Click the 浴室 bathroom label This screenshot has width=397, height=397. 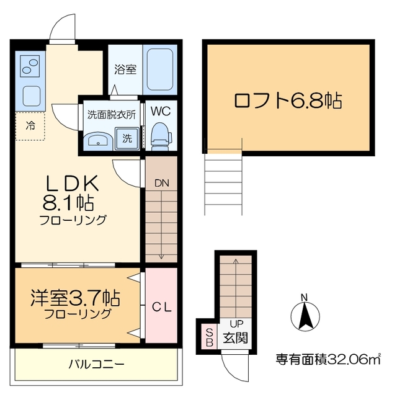click(x=126, y=69)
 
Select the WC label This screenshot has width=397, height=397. click(x=160, y=112)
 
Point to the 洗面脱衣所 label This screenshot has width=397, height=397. click(x=110, y=114)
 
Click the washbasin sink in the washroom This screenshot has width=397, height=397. click(x=97, y=140)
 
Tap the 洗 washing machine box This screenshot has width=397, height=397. click(x=127, y=139)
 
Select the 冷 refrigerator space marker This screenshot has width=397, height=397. click(x=30, y=126)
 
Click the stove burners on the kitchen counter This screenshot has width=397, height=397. click(x=30, y=65)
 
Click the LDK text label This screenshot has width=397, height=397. click(x=73, y=184)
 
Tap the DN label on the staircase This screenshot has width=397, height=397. click(x=161, y=183)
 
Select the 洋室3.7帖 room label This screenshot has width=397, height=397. click(x=74, y=298)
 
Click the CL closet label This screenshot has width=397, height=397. click(x=162, y=307)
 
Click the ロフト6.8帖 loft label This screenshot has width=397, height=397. click(x=287, y=100)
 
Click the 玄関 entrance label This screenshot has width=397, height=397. click(x=236, y=339)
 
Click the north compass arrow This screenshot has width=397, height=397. click(x=305, y=315)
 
